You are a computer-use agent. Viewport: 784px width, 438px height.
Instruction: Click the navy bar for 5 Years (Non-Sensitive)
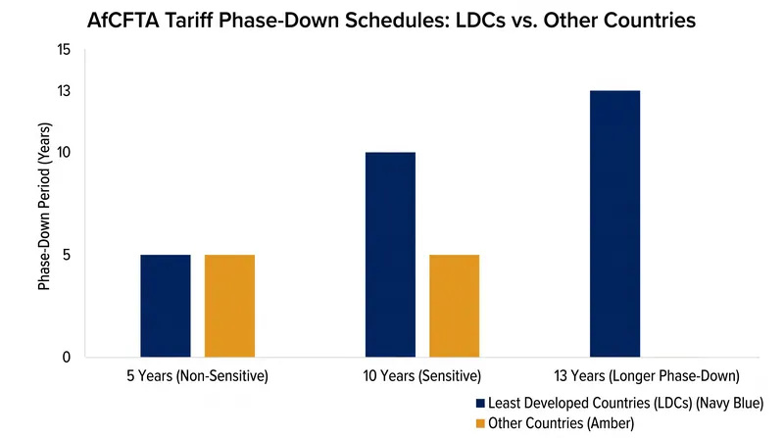tap(166, 306)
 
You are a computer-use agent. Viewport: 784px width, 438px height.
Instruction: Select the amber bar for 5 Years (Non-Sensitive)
tap(229, 306)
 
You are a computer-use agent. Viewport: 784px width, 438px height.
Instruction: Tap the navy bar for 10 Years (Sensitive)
tap(390, 255)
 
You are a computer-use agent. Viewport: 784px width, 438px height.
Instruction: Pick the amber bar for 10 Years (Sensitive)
tap(454, 306)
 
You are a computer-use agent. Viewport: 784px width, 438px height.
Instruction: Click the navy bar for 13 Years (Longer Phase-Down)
tap(615, 224)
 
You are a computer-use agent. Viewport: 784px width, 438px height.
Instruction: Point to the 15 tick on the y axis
tap(64, 50)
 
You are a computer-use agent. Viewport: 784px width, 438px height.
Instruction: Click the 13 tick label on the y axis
tap(64, 91)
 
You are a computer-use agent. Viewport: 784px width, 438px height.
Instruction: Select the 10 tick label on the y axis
tap(64, 152)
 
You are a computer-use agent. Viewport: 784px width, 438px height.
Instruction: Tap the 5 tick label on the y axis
tap(67, 255)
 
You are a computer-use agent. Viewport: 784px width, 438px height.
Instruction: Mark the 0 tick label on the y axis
tap(67, 357)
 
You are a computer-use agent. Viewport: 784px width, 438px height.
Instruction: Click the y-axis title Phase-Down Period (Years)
tap(44, 206)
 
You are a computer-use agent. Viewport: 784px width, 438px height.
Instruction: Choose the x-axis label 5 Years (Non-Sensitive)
tap(198, 375)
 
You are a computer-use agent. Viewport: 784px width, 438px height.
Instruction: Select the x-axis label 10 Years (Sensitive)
tap(422, 375)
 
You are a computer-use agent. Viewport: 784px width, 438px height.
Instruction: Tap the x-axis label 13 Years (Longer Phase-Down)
tap(647, 375)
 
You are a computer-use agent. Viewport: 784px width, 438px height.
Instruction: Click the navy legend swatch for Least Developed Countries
tap(480, 403)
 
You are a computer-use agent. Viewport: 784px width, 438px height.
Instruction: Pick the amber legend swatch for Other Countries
tap(480, 423)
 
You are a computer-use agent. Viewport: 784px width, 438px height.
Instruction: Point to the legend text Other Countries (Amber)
tap(561, 423)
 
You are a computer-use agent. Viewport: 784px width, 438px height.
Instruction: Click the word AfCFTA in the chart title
tap(123, 21)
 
